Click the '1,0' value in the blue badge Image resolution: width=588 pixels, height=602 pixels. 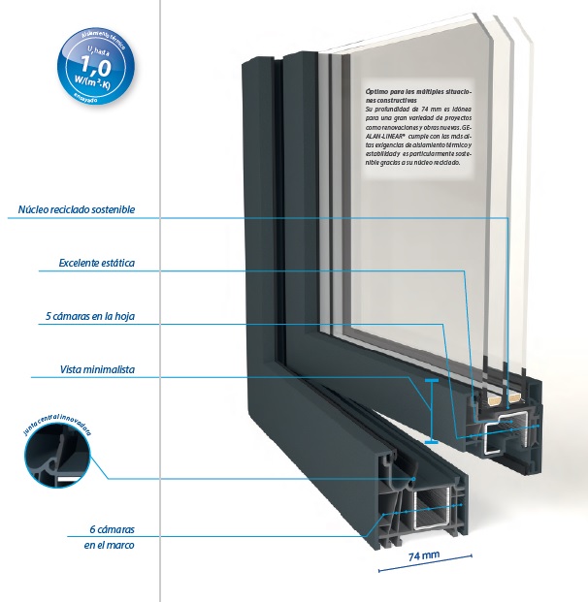93,67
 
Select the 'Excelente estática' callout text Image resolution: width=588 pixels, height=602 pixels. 96,263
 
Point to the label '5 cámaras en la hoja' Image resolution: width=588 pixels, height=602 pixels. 90,316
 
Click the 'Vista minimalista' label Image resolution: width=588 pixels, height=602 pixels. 97,369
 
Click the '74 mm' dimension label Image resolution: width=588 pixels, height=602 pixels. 424,556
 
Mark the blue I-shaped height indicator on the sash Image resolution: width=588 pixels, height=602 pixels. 430,411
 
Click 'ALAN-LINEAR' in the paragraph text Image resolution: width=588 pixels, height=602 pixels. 387,138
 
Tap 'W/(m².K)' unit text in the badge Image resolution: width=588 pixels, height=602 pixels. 94,84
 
